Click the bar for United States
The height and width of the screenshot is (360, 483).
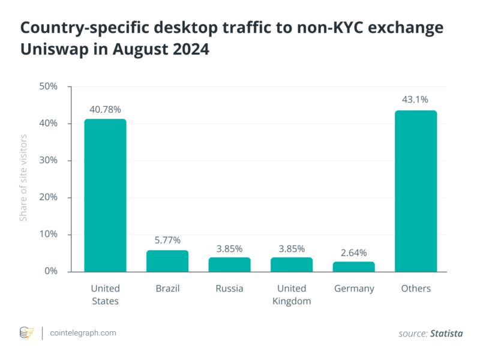pos(105,196)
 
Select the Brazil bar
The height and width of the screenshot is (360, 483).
pos(167,261)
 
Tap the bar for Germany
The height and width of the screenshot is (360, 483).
pos(354,266)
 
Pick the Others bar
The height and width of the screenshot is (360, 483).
pos(416,191)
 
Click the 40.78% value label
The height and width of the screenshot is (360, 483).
pos(105,110)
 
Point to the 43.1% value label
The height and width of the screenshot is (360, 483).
pos(416,100)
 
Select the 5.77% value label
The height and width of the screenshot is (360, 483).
pos(167,240)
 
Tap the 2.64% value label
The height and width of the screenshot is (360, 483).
pos(354,252)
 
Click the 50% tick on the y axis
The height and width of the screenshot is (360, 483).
pos(47,86)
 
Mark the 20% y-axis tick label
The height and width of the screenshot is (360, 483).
pos(47,197)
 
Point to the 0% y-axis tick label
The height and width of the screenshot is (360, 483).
pos(50,271)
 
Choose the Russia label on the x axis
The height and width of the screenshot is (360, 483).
pos(230,289)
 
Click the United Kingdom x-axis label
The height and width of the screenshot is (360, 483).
pos(292,295)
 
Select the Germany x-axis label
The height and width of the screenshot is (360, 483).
pos(354,289)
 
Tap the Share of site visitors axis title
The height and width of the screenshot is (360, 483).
pos(24,179)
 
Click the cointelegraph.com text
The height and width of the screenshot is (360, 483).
pos(83,332)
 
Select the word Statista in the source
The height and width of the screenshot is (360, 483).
pos(446,333)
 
